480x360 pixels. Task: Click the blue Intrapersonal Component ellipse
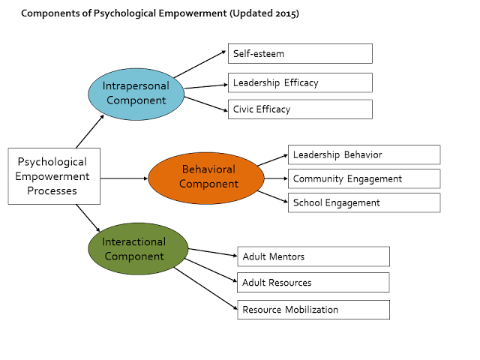136,94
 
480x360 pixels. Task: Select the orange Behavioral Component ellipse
206,178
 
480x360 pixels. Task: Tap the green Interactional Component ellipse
138,248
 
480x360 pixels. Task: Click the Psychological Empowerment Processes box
54,176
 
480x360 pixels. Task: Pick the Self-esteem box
300,53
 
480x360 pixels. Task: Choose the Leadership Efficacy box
300,82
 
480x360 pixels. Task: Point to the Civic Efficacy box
300,109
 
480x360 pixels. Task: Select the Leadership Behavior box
364,155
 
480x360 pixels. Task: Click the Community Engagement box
364,178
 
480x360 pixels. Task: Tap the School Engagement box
364,202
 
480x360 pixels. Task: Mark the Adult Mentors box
313,256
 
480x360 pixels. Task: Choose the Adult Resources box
313,283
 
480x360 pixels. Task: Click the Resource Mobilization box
313,310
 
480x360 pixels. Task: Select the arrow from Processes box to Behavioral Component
124,178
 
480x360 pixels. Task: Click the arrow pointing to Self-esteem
200,64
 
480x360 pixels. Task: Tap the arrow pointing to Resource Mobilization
205,289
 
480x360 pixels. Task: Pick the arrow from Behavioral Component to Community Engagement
276,178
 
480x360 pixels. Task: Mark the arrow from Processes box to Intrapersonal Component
90,131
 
